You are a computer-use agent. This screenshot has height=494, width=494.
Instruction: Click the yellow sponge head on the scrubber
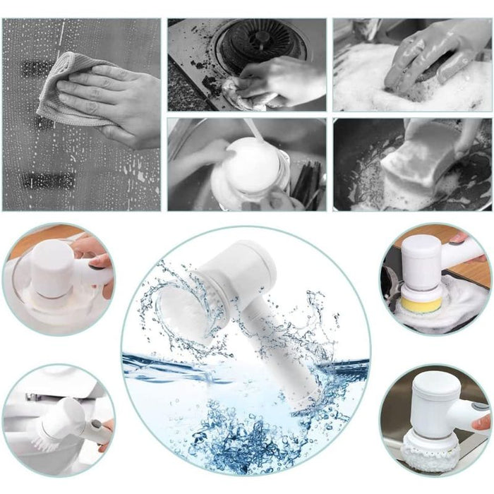(x=421, y=303)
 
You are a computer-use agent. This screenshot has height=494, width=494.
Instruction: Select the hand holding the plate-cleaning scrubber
(x=95, y=258)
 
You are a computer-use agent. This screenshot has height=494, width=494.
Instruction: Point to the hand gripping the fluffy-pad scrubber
(x=481, y=422)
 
